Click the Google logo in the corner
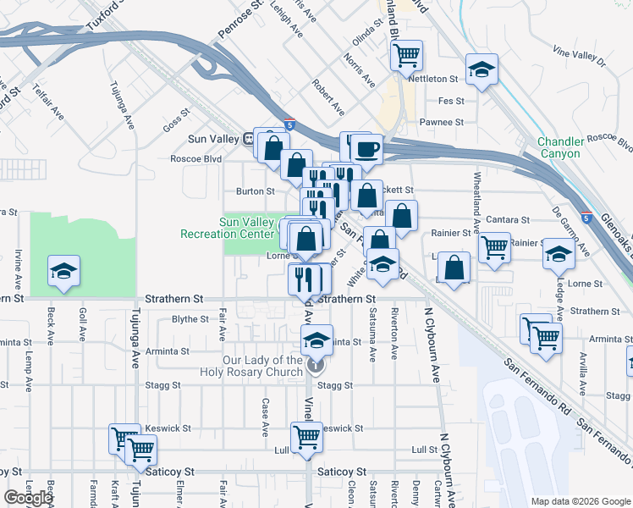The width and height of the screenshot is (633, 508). (28, 498)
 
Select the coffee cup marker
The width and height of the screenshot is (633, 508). (366, 150)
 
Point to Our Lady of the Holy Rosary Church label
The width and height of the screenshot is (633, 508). (263, 366)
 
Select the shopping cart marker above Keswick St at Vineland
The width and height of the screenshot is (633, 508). (307, 437)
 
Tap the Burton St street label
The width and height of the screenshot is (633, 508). (256, 191)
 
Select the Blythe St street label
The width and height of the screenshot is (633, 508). (190, 319)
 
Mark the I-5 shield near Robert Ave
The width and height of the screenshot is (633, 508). (289, 124)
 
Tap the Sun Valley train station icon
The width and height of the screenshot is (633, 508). (250, 138)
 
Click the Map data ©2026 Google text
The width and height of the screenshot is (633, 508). (581, 500)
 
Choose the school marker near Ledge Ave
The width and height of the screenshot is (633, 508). (559, 253)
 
